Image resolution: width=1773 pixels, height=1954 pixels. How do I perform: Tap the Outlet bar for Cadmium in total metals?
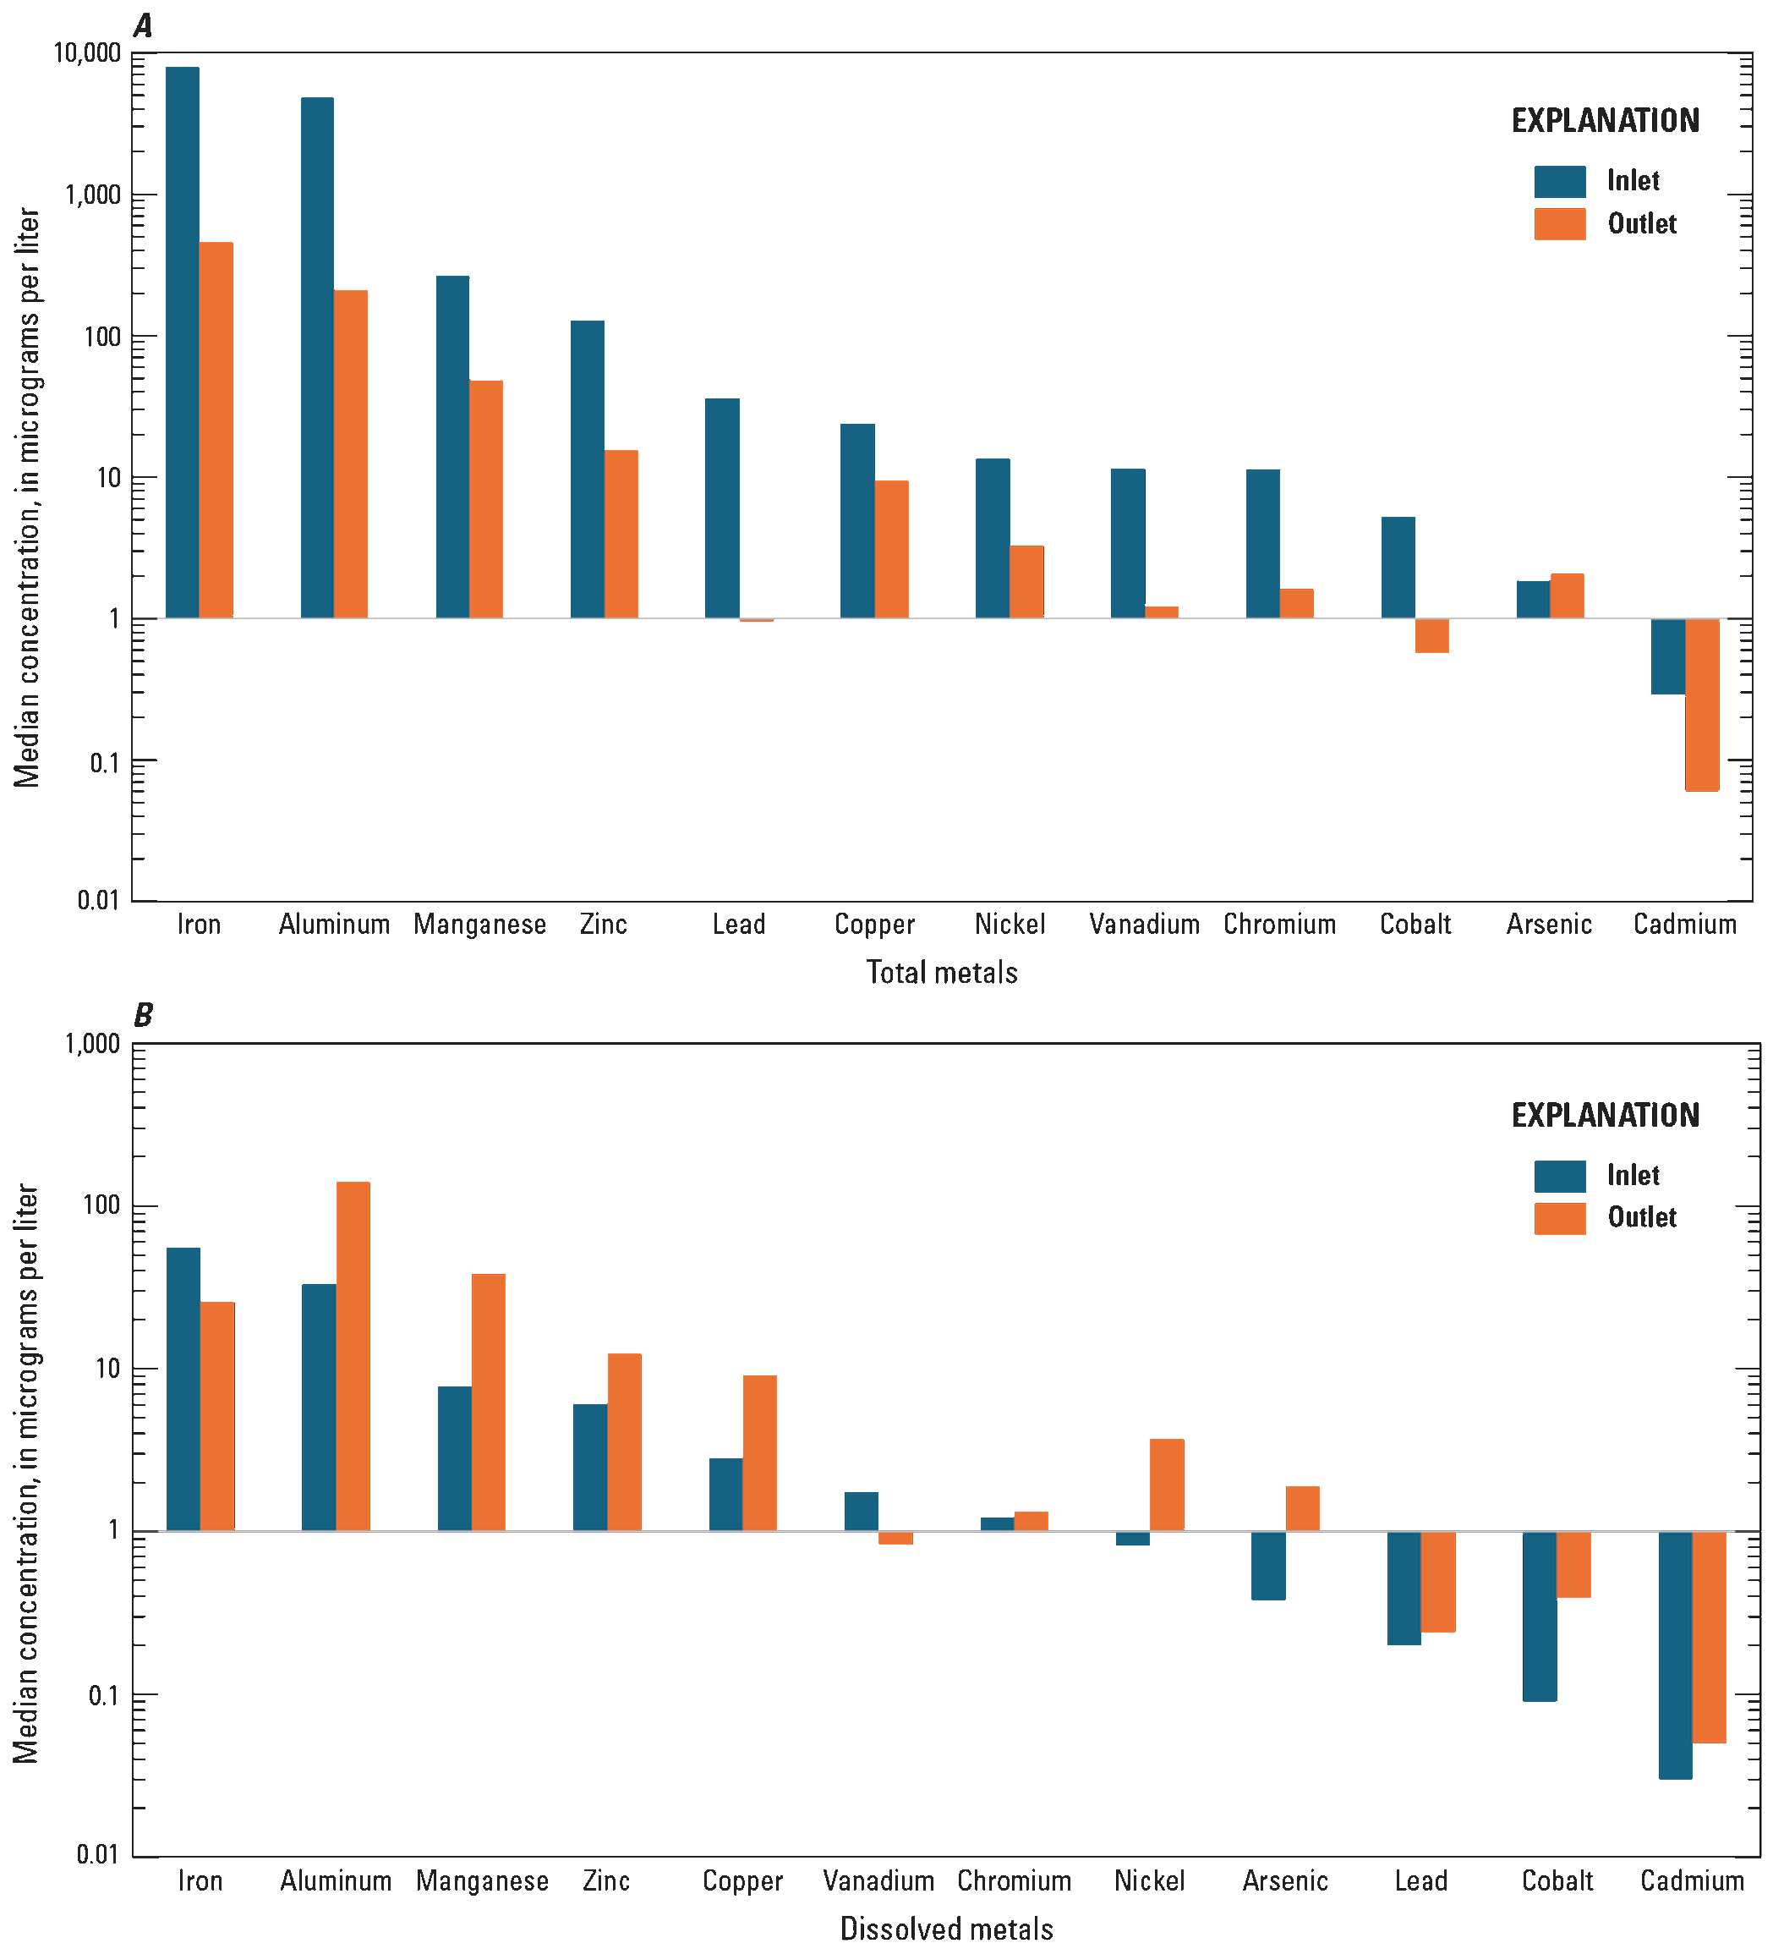[1702, 705]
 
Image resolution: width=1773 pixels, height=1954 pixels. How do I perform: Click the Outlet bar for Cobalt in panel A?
[1432, 636]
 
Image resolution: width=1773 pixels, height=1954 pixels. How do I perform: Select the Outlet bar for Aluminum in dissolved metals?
[353, 1356]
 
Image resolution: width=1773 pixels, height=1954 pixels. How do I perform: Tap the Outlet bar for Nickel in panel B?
[1167, 1485]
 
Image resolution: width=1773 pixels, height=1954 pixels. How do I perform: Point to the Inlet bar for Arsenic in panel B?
[1268, 1566]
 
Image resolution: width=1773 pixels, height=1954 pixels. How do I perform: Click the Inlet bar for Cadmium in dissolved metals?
[1675, 1655]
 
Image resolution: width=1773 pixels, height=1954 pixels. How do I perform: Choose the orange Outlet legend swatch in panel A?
[1560, 224]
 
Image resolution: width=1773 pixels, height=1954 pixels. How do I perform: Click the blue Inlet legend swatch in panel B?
[1560, 1176]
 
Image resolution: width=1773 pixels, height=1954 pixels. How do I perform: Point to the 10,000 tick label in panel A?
[87, 52]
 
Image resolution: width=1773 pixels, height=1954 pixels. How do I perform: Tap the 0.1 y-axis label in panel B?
[104, 1695]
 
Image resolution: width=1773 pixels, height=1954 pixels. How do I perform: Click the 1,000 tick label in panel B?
[93, 1044]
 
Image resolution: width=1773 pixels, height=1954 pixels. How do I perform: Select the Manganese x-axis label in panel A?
[479, 924]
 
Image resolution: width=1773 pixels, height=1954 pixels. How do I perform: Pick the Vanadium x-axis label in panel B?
[878, 1880]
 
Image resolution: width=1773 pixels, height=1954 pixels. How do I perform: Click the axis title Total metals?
[942, 972]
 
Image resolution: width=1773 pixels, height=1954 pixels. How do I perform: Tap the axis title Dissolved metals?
[947, 1928]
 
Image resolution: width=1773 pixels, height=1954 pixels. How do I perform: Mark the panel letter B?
[144, 1015]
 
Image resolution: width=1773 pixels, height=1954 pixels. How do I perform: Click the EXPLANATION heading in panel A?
[1605, 121]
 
